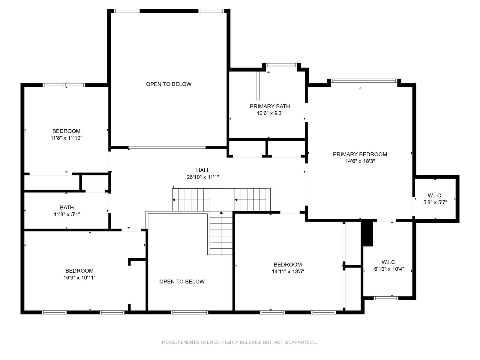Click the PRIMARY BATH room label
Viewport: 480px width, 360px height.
click(270, 106)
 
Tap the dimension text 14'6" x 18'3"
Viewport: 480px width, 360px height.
click(360, 161)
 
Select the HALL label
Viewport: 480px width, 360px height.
click(203, 170)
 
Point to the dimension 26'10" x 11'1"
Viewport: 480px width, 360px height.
click(203, 177)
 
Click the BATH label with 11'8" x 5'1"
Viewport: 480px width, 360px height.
click(67, 207)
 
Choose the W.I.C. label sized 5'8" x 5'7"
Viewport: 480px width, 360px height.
click(435, 195)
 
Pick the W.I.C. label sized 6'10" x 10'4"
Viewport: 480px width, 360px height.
click(389, 262)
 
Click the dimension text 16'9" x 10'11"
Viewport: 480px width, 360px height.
click(79, 277)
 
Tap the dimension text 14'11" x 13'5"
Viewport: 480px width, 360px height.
click(288, 271)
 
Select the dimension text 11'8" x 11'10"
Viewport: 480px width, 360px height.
click(66, 138)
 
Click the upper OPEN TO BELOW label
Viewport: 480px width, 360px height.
click(169, 84)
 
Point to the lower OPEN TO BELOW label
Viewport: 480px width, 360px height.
click(182, 281)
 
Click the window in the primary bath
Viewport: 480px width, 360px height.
click(281, 65)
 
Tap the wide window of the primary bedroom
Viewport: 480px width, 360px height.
click(364, 81)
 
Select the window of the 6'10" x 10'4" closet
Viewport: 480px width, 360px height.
click(386, 298)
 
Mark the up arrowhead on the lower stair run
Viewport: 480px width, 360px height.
click(221, 212)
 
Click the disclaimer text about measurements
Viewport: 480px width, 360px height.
click(239, 342)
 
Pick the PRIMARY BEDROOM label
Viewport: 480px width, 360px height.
click(360, 154)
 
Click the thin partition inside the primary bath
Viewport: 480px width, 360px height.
click(258, 86)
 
